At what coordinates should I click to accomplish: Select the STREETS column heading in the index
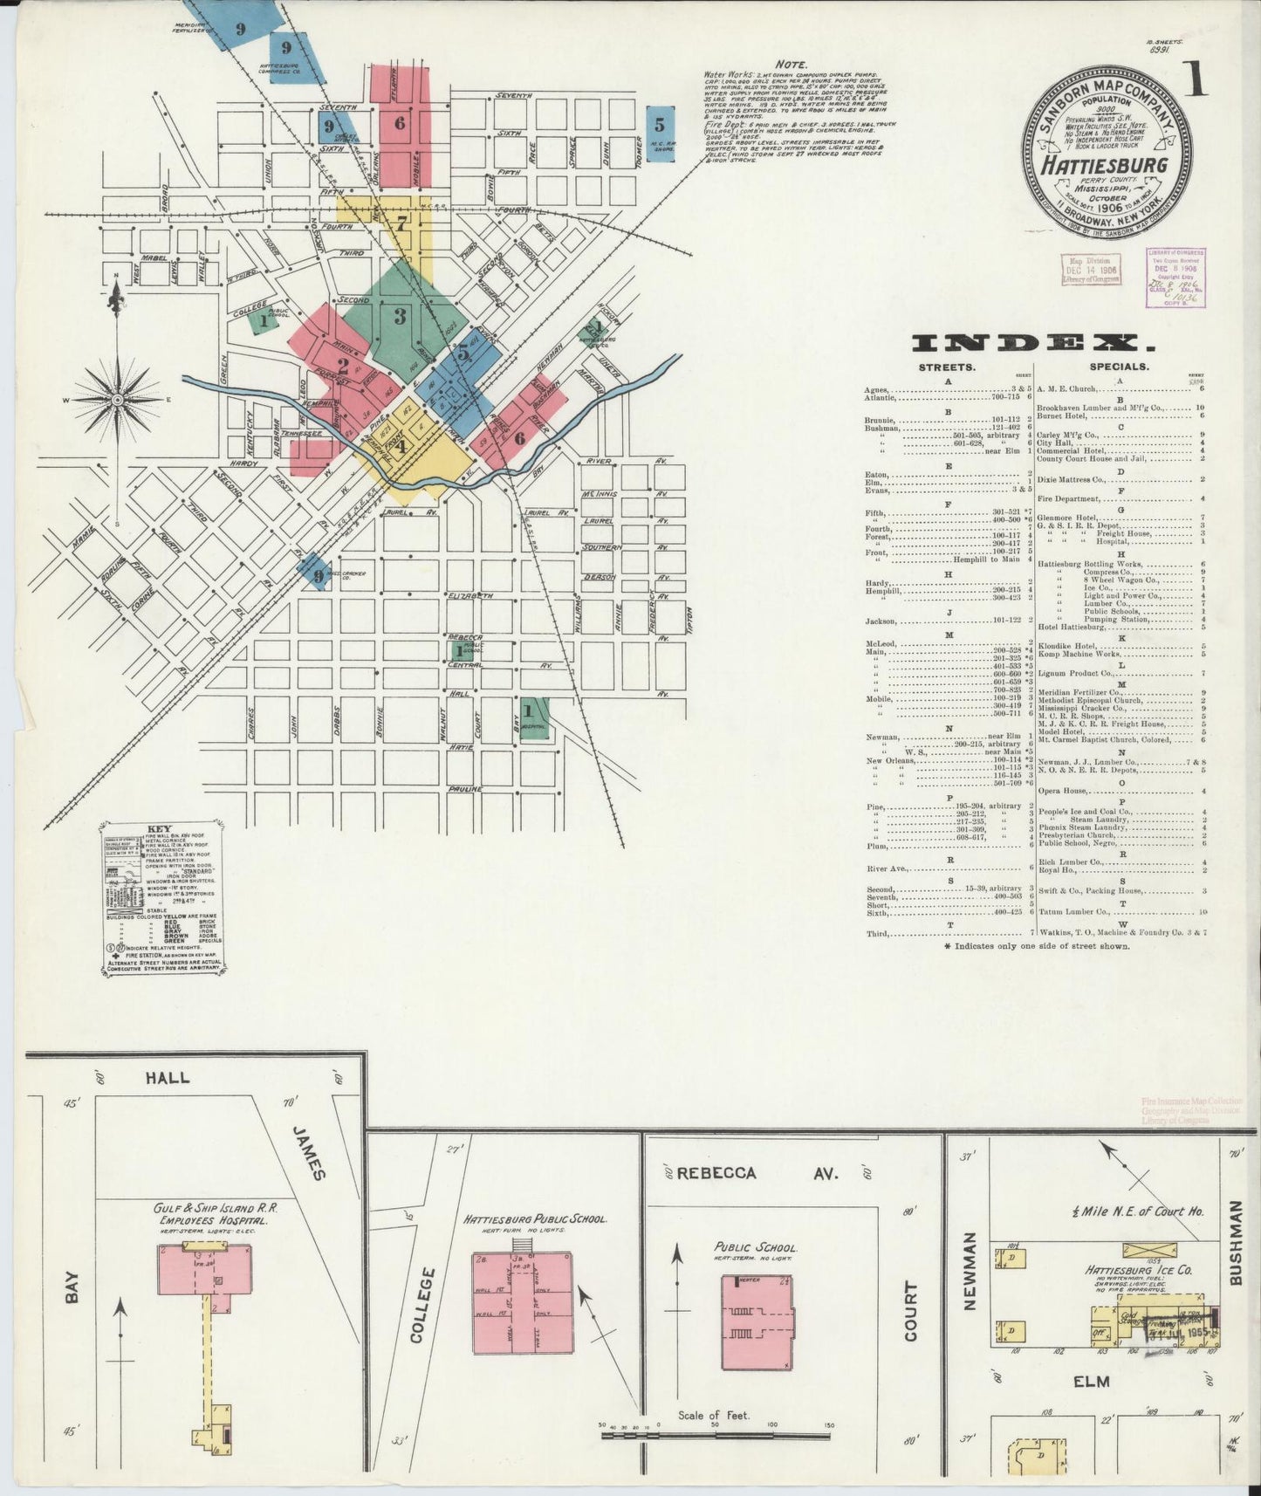(x=946, y=367)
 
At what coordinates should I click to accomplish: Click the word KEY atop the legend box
(x=160, y=829)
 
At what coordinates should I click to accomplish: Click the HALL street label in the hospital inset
(x=168, y=1078)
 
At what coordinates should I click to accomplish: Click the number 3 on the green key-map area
(x=400, y=316)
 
